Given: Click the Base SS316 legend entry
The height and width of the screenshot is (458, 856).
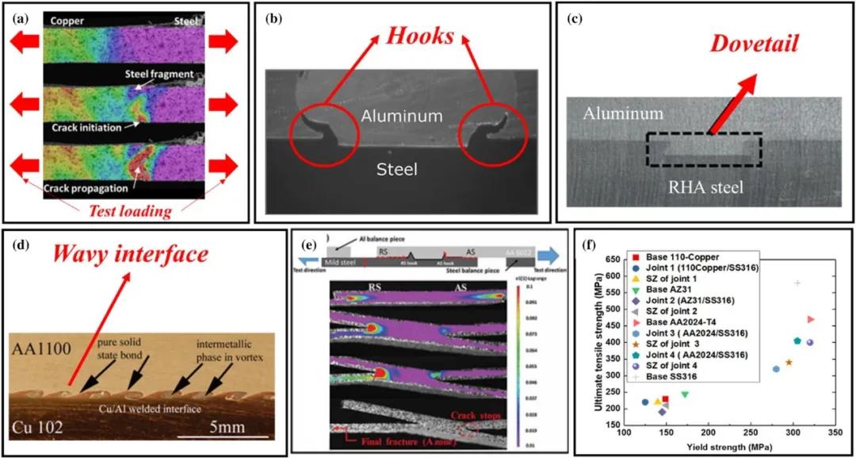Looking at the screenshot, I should pos(673,376).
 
